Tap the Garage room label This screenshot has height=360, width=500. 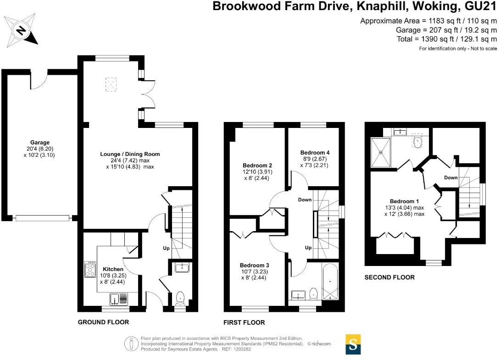tap(40, 143)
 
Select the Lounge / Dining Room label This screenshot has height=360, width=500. tap(130, 154)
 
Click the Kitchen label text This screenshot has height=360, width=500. tap(113, 269)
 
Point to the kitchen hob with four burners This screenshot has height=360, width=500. tap(89, 269)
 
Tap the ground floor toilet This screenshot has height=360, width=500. tap(180, 298)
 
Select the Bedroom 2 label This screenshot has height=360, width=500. tap(257, 166)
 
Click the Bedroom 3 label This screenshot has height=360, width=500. tap(254, 265)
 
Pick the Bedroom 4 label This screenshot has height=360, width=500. tap(315, 153)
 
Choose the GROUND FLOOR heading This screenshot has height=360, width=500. tap(103, 322)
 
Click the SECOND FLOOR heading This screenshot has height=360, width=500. tap(389, 277)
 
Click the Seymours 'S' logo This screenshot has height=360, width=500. tap(353, 344)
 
